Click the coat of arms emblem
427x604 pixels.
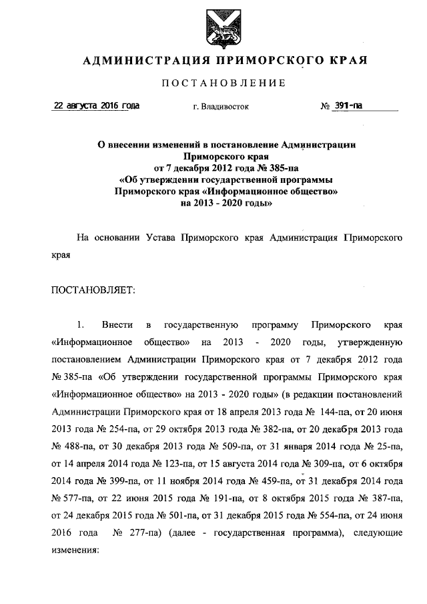pos(222,27)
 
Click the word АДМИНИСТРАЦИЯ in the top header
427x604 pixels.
pos(139,61)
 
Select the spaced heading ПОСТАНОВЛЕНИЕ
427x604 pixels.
pos(224,83)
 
